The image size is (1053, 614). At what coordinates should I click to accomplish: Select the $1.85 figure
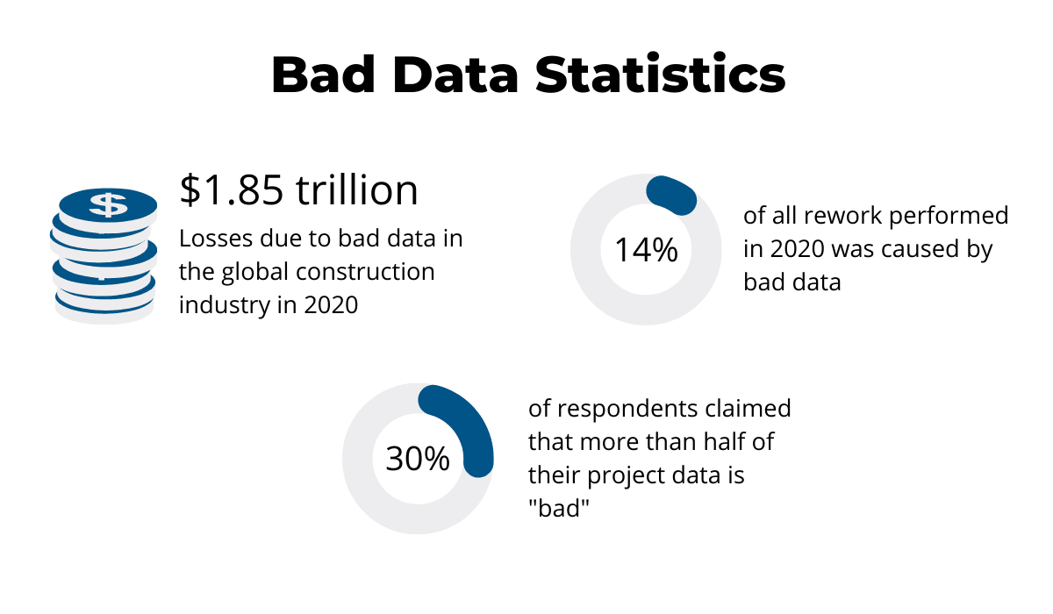[232, 189]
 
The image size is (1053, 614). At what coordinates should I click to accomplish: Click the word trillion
[356, 189]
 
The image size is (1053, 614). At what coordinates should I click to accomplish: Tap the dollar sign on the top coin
[108, 205]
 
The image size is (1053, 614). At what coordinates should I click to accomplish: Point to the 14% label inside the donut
[646, 250]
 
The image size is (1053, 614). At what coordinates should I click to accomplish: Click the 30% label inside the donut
[418, 460]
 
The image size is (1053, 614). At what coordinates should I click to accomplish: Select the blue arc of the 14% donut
[672, 195]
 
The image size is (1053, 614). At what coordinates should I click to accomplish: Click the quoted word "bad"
[557, 509]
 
